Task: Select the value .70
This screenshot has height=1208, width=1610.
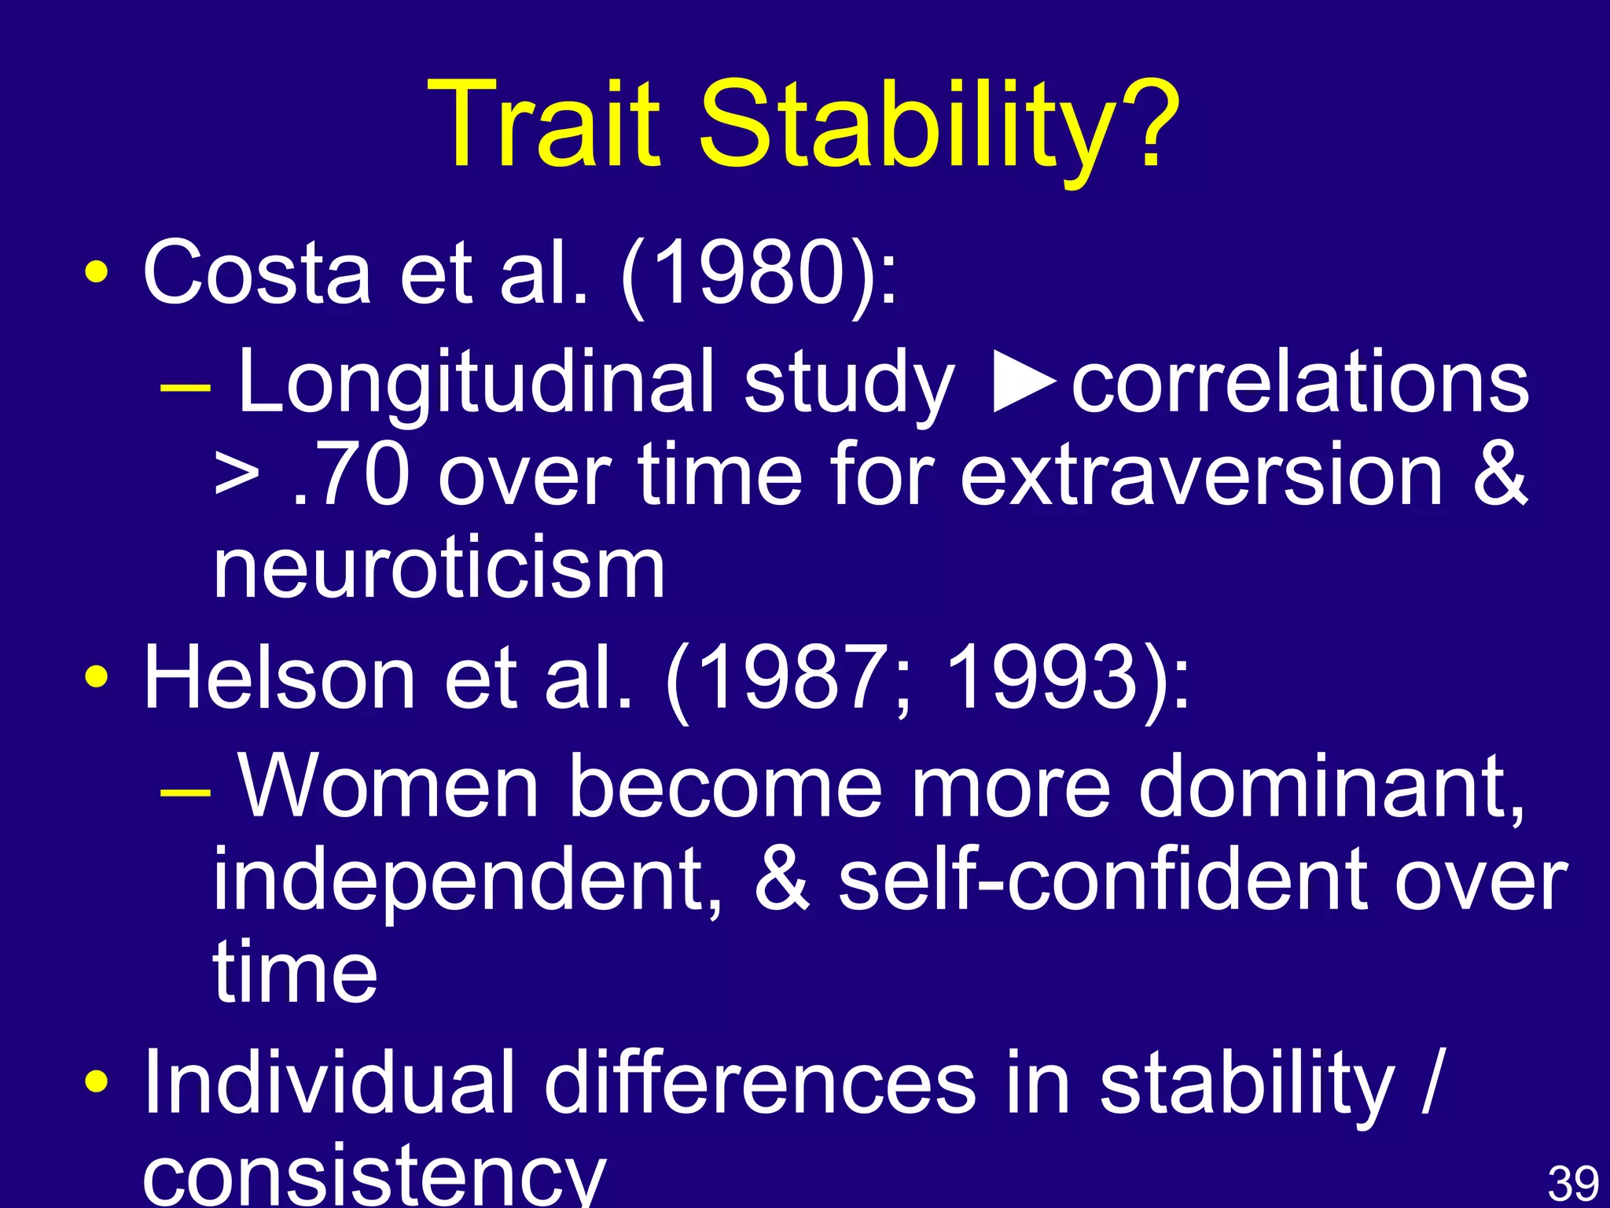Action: [x=351, y=476]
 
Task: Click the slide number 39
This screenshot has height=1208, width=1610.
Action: [x=1573, y=1184]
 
